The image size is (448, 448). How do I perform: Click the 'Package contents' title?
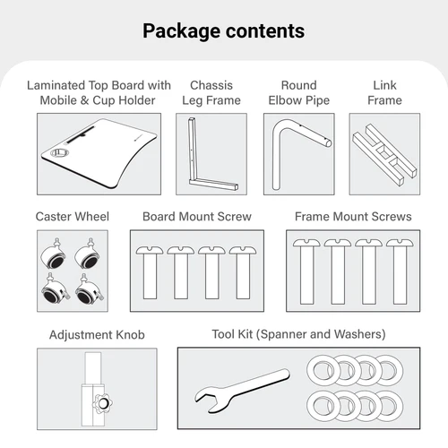224,31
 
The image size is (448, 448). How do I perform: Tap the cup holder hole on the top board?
60,152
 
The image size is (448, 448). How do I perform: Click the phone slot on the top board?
80,134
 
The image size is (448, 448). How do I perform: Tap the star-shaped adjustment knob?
103,403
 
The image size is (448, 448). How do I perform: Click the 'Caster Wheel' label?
73,217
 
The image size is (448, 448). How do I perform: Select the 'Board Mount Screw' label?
197,217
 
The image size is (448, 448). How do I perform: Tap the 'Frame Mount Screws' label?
353,217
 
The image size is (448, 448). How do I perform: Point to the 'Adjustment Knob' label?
97,334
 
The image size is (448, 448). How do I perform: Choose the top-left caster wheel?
54,254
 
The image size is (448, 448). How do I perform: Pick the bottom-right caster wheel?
90,289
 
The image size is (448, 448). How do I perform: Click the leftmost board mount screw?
150,272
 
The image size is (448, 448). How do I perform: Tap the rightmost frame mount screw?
400,271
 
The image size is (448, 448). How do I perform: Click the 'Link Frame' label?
384,92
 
